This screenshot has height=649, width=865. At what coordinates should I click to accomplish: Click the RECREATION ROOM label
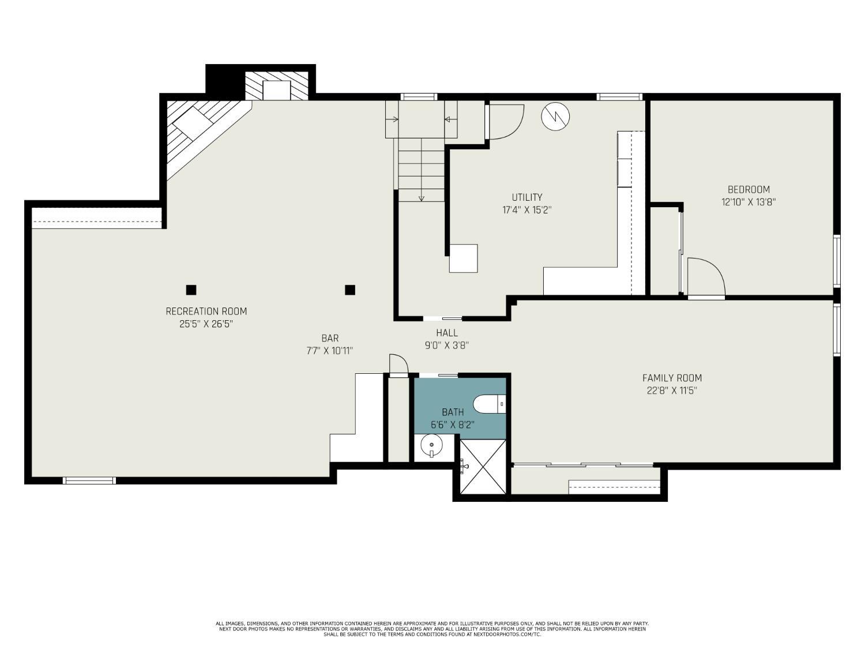point(206,312)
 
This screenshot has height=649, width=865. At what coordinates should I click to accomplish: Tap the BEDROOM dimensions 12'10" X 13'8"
point(749,202)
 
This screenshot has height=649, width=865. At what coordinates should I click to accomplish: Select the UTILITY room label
point(526,197)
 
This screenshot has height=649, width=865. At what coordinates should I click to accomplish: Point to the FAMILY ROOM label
point(672,378)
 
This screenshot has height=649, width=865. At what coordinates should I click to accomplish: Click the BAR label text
point(330,339)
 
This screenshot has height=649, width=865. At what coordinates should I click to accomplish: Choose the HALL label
point(447,333)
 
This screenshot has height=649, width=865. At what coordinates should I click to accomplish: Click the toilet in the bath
point(488,404)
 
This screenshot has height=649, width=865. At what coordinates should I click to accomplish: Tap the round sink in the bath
point(431,446)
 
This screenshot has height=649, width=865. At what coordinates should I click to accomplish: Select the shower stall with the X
point(483,467)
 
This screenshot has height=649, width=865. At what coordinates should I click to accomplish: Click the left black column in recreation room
point(191,290)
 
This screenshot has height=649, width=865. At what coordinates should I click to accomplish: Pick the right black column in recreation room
point(349,290)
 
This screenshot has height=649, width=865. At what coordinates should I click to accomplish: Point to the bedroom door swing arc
point(707,277)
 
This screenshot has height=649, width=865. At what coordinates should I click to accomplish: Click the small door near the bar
point(398,366)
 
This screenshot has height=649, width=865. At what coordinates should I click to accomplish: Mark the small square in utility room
point(463,258)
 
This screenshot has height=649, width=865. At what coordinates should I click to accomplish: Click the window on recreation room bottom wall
point(89,481)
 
